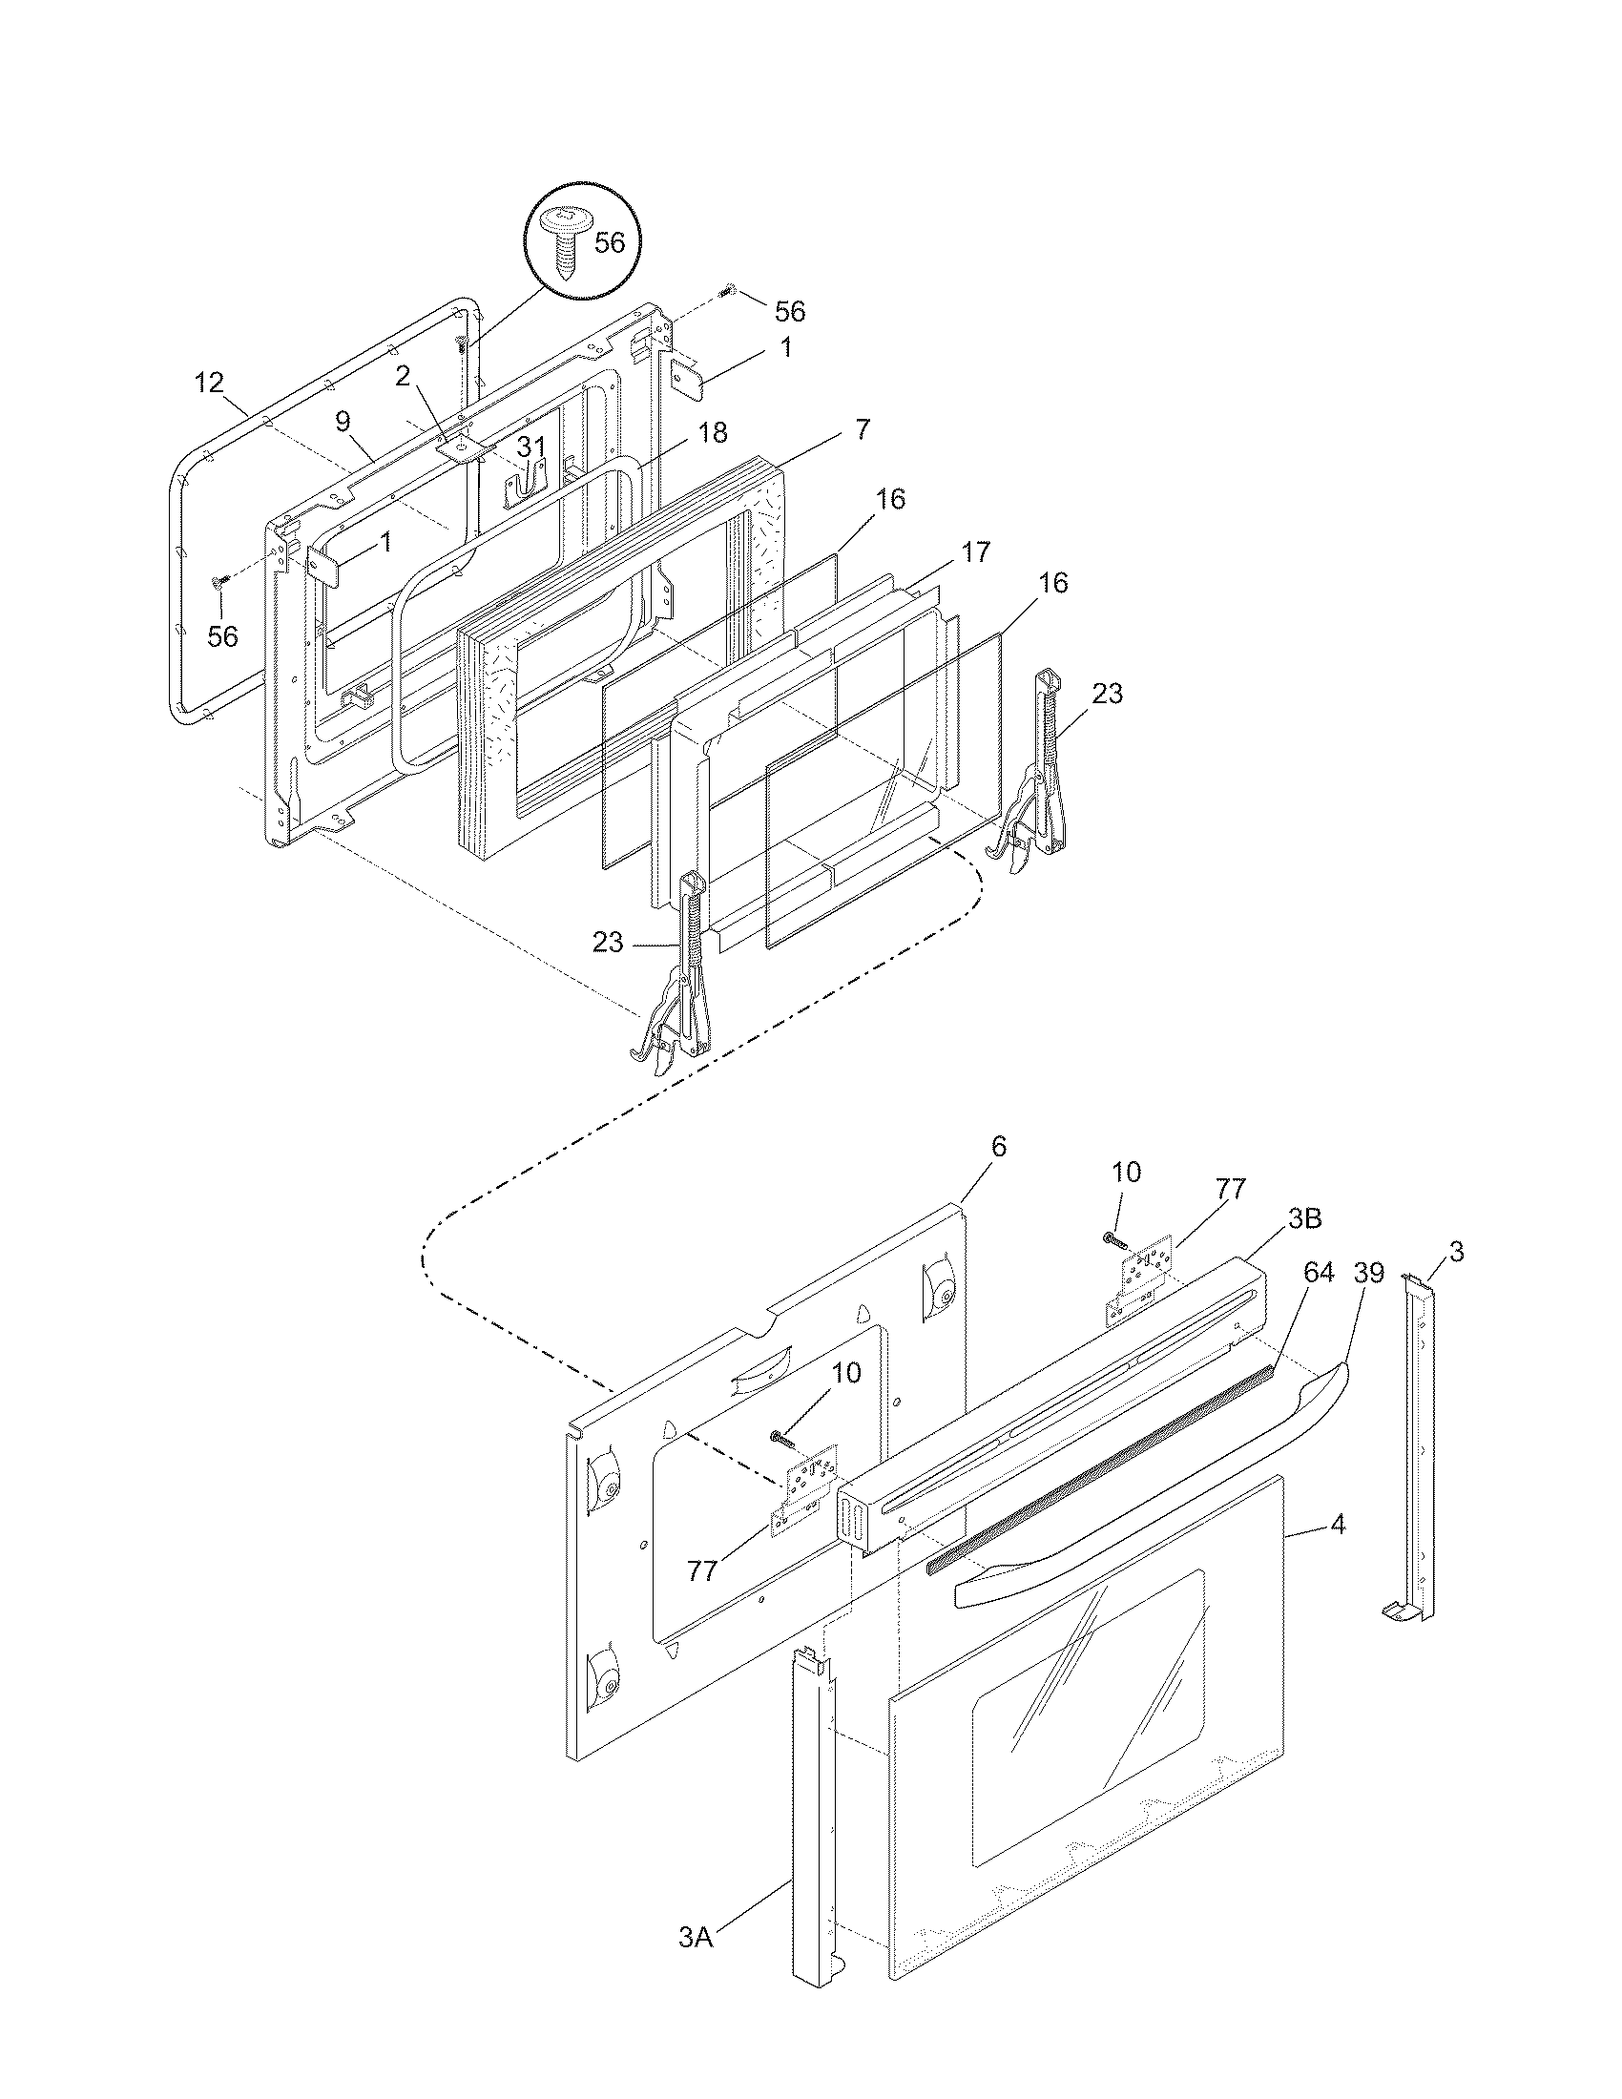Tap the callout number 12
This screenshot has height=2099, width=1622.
point(209,383)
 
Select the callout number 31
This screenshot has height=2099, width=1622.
point(531,446)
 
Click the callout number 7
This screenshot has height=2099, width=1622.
point(862,429)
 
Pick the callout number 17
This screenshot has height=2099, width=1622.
point(975,552)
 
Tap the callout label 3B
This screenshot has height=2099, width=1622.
point(1304,1218)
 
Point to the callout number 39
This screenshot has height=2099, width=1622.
point(1368,1273)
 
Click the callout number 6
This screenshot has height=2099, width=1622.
point(998,1146)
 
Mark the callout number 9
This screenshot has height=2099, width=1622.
point(343,421)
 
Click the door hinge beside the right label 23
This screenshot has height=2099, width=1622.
point(1037,769)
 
